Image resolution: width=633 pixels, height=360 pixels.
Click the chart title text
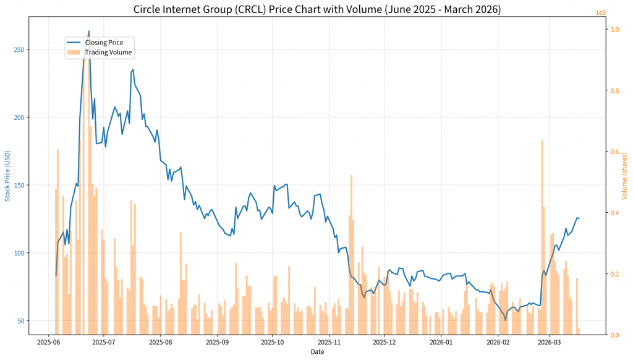pos(316,9)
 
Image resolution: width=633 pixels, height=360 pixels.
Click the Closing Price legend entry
pos(104,43)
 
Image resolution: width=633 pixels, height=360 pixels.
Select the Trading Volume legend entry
pos(109,53)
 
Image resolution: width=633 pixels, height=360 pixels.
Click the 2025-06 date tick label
pos(49,341)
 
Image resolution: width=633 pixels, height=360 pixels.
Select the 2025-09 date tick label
pos(217,341)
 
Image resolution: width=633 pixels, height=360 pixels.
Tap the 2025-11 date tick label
pos(329,341)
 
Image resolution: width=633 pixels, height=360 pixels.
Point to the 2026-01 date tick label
pos(441,341)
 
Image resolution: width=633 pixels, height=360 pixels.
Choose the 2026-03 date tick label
pos(549,341)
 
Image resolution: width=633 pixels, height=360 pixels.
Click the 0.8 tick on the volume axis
pos(614,91)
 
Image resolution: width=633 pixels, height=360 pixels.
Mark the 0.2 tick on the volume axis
pos(614,274)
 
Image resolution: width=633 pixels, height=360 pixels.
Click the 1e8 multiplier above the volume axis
pos(600,12)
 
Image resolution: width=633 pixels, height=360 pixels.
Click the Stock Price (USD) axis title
pos(7,176)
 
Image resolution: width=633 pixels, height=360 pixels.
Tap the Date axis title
pos(316,352)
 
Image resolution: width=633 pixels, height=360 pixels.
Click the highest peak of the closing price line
pos(89,31)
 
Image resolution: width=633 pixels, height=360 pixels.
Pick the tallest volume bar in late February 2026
pos(542,140)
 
